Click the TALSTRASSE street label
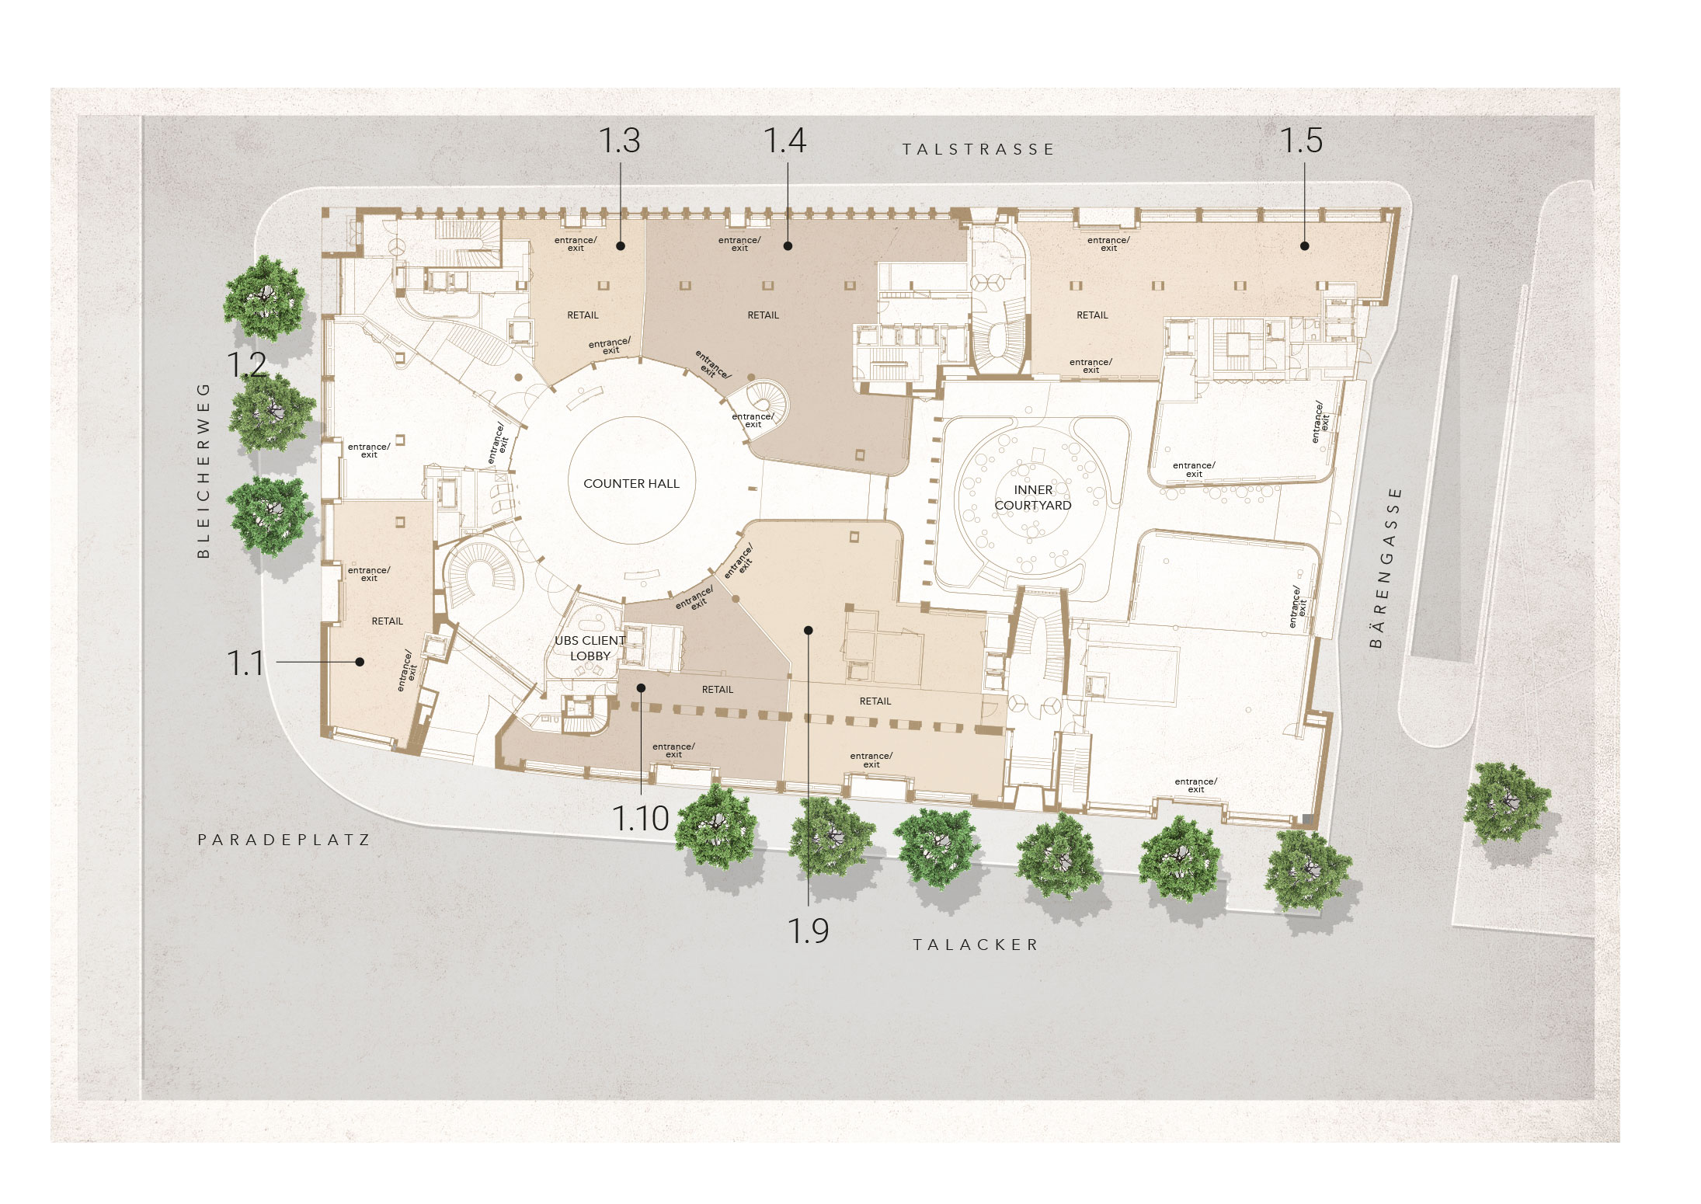pyautogui.click(x=978, y=149)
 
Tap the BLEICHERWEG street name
pyautogui.click(x=203, y=470)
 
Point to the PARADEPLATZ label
pyautogui.click(x=284, y=840)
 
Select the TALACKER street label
pyautogui.click(x=975, y=945)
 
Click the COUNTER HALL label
pyautogui.click(x=631, y=483)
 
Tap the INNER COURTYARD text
pyautogui.click(x=1033, y=497)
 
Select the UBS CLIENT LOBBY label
pyautogui.click(x=590, y=648)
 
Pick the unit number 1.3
pyautogui.click(x=619, y=141)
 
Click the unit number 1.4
pyautogui.click(x=784, y=141)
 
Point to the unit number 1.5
pyautogui.click(x=1301, y=141)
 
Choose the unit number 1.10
pyautogui.click(x=641, y=818)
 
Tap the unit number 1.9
pyautogui.click(x=809, y=930)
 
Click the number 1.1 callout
pyautogui.click(x=245, y=663)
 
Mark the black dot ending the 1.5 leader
pyautogui.click(x=1305, y=245)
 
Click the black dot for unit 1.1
pyautogui.click(x=360, y=662)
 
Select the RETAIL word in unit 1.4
pyautogui.click(x=763, y=315)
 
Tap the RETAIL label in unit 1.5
pyautogui.click(x=1092, y=315)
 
